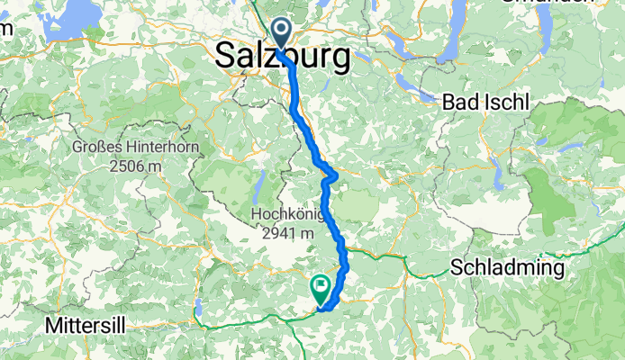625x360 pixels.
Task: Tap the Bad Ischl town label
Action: pyautogui.click(x=485, y=102)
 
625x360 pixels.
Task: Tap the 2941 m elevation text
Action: pyautogui.click(x=284, y=234)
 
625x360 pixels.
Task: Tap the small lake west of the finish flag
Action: pyautogui.click(x=197, y=312)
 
